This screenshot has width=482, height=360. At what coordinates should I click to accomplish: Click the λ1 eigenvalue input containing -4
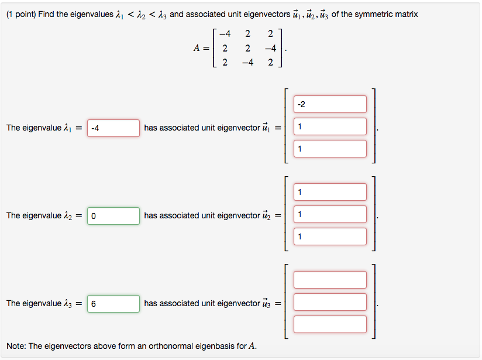click(x=113, y=128)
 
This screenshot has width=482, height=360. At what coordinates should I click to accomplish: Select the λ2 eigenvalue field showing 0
click(x=113, y=216)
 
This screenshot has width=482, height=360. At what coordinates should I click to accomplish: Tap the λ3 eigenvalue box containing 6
click(x=113, y=304)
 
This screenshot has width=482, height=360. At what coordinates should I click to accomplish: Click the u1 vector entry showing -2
click(x=330, y=105)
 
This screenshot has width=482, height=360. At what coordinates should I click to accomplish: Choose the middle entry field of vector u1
click(x=330, y=126)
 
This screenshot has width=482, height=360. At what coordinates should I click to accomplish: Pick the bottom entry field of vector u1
click(x=330, y=149)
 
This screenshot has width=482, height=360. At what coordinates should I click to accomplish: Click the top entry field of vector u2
click(x=330, y=192)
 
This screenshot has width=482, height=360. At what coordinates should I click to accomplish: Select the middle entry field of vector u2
click(x=330, y=214)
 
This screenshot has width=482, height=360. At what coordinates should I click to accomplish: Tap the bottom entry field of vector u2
click(x=330, y=236)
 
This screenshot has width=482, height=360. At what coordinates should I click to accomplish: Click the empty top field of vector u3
click(x=330, y=280)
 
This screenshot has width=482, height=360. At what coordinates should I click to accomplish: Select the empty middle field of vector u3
click(x=330, y=302)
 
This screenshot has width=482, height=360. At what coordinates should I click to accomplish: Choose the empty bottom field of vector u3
click(x=330, y=324)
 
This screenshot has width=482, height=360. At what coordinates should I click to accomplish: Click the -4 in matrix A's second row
click(x=270, y=48)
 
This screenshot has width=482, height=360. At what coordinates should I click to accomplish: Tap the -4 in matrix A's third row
click(x=246, y=62)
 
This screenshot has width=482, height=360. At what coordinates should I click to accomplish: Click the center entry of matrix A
click(x=247, y=48)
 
